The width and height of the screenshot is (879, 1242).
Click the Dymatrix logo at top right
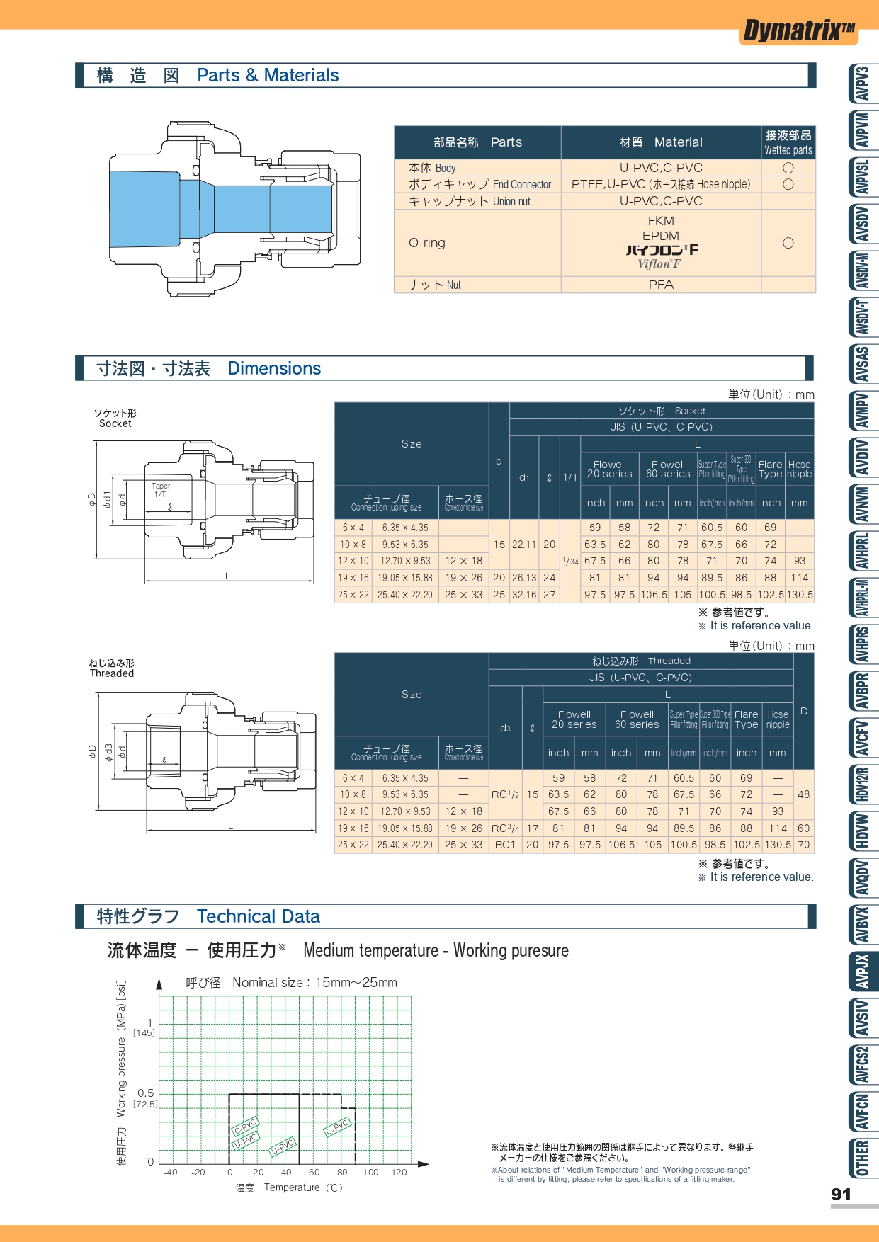pos(799,30)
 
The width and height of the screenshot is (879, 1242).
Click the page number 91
pos(841,1195)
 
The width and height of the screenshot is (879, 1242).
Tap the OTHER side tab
pos(862,1158)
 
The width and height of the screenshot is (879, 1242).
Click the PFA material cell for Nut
pos(661,285)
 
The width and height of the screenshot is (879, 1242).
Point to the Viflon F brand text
pos(659,264)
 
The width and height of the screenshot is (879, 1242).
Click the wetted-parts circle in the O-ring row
pos(788,243)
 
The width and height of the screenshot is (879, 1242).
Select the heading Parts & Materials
pos(268,76)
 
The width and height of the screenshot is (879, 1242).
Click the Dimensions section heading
pos(274,369)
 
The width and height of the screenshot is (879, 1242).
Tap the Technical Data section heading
pos(258,917)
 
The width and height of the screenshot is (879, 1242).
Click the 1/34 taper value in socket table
pos(570,561)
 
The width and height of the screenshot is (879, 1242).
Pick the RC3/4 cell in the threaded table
pos(505,828)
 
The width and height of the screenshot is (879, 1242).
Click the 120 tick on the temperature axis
pos(399,1173)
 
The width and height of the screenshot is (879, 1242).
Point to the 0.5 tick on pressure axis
pos(146,1093)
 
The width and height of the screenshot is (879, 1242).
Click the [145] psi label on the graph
pos(144,1033)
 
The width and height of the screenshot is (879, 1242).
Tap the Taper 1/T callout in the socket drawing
pos(161,490)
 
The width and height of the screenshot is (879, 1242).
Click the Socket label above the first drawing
pos(115,423)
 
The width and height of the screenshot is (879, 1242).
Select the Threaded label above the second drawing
pos(112,673)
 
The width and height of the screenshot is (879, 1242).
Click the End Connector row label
pos(480,185)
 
